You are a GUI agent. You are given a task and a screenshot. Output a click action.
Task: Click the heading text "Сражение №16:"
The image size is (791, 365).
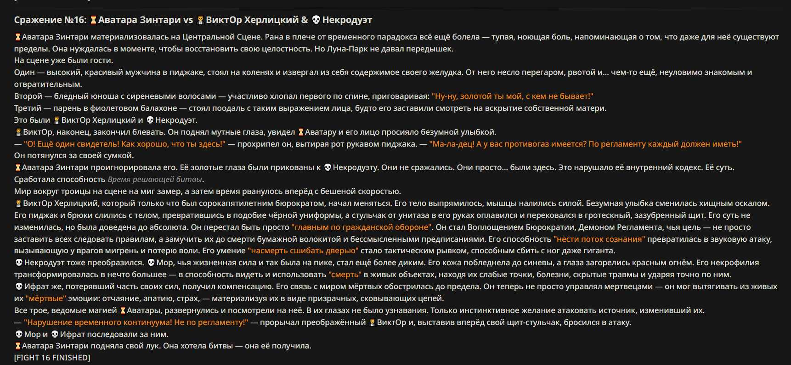(x=50, y=20)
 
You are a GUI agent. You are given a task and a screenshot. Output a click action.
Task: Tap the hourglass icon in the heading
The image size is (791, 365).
(x=93, y=20)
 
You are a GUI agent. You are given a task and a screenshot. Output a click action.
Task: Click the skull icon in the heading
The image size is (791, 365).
(x=316, y=20)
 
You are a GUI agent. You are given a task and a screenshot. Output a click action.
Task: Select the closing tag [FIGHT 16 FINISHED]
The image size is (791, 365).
(x=52, y=358)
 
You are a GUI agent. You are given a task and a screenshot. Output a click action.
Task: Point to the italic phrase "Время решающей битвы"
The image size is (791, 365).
(x=155, y=179)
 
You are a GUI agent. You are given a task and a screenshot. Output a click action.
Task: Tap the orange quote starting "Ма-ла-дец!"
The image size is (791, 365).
(x=585, y=144)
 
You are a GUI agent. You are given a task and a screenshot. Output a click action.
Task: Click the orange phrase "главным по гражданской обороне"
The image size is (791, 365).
(x=362, y=227)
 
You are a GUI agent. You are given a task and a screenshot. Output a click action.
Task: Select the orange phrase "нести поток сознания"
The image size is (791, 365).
(x=599, y=239)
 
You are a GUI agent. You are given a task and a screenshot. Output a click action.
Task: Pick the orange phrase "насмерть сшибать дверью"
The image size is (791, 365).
(x=303, y=251)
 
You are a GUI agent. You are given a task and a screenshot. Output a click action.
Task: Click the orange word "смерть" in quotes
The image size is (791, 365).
(x=345, y=275)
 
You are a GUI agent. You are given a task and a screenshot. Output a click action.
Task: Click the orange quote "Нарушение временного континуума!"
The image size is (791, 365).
(x=136, y=322)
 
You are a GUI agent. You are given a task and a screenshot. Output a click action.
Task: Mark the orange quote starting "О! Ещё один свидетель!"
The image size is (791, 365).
(x=124, y=144)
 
